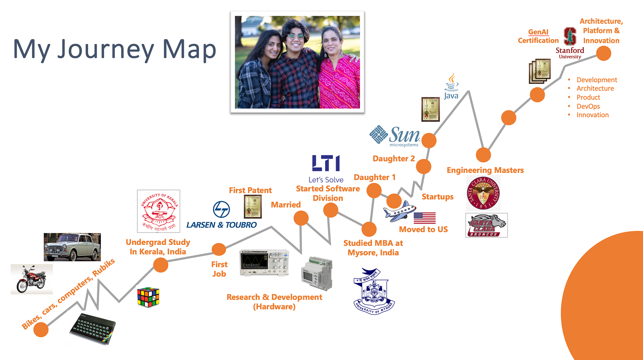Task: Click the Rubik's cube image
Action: pos(148,297)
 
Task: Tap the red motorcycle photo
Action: pos(31,279)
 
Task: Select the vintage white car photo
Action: pos(72,247)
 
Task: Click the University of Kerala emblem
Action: pos(158,211)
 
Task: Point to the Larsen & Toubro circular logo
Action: pos(221,210)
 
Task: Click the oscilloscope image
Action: pos(264,263)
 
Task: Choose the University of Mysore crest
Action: pos(374,291)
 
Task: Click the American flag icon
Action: pos(424,218)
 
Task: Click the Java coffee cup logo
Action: pos(451,86)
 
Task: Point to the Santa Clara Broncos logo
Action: pos(486,225)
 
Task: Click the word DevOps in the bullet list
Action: pos(588,106)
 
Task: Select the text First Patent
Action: pos(250,190)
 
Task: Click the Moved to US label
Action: pos(423,229)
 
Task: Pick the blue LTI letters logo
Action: pos(326,163)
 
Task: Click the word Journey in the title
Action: pos(106,50)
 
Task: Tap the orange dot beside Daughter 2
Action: pos(424,166)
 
